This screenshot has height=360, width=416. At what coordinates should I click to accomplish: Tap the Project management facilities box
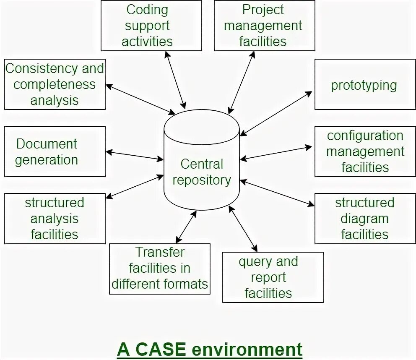264,26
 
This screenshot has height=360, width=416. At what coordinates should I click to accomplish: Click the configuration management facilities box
365,151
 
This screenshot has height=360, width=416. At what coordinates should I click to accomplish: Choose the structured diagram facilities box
365,218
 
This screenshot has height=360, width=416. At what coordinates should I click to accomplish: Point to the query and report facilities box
273,277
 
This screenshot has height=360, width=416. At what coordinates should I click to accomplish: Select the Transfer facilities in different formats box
159,269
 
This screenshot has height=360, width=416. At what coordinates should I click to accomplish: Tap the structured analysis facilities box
55,218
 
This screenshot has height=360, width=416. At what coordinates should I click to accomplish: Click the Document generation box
55,151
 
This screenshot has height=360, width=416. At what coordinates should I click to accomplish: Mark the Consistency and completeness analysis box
55,84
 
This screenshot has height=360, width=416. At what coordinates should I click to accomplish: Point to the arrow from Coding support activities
175,80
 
